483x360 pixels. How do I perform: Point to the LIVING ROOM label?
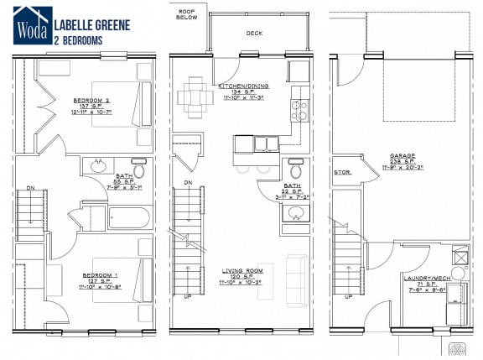coord(243,271)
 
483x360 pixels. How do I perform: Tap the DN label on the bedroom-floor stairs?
coord(30,188)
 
